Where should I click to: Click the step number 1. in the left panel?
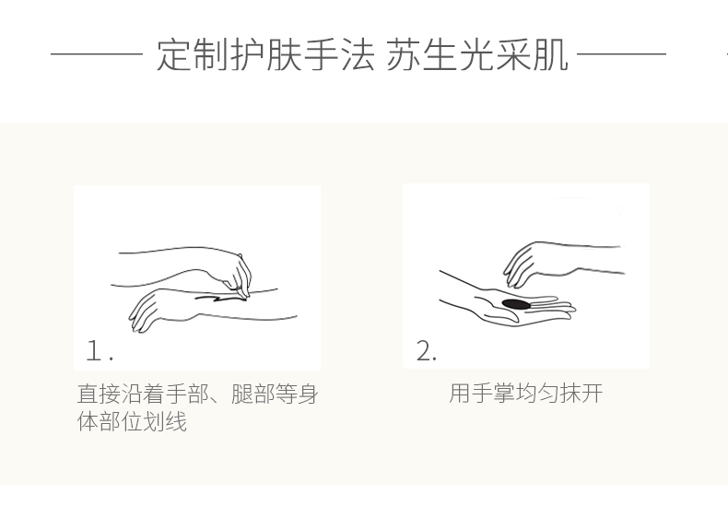click(100, 351)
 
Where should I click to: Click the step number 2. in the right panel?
click(427, 351)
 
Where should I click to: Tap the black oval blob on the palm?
click(516, 304)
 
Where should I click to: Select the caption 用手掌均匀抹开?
click(526, 394)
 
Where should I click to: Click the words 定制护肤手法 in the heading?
click(265, 55)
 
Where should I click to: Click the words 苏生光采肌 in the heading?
click(477, 55)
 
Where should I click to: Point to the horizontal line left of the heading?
click(97, 54)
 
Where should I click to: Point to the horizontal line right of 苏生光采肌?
click(622, 54)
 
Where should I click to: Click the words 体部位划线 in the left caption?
click(132, 421)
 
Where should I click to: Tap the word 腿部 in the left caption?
click(252, 394)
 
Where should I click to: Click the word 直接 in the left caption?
click(99, 394)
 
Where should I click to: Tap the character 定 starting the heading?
click(173, 55)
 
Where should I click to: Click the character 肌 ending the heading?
click(551, 55)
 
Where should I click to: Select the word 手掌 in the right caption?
click(493, 394)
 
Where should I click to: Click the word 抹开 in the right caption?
click(581, 394)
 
